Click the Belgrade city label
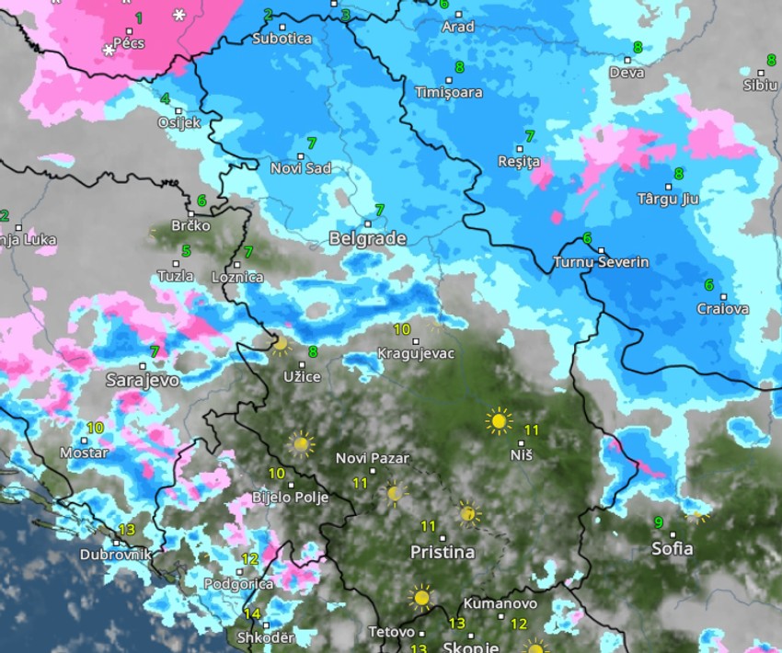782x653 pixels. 367,239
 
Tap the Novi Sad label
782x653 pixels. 300,168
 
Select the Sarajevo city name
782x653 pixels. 142,380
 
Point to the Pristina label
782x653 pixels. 442,553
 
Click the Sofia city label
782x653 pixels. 672,549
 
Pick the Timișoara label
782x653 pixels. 448,93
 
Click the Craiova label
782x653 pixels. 722,309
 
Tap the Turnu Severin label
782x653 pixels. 600,262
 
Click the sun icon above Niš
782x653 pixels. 499,421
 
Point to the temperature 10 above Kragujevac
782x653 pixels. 402,329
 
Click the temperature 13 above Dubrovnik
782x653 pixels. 127,530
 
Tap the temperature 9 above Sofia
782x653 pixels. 658,522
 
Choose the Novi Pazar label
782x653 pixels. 373,458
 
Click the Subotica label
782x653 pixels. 282,39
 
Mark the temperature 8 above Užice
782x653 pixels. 313,351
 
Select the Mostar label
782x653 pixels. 77,453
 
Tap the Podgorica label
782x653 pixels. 238,583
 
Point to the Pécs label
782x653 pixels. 128,42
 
